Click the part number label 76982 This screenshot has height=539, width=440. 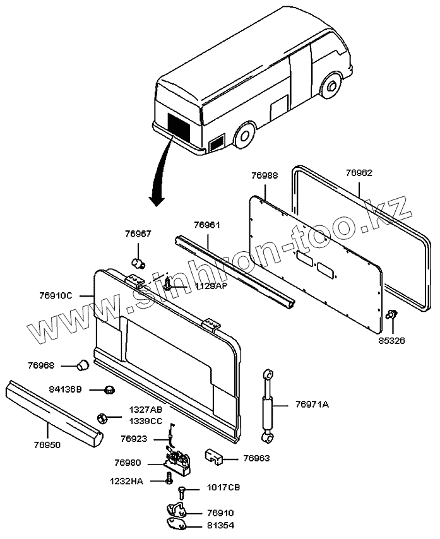click(x=359, y=172)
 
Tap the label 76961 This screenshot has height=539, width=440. click(x=207, y=224)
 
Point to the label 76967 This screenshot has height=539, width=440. click(x=138, y=234)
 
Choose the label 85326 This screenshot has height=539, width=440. click(x=391, y=341)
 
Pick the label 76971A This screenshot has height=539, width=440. click(x=312, y=405)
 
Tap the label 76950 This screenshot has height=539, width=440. click(x=47, y=445)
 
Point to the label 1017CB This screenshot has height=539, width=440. click(x=223, y=488)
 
